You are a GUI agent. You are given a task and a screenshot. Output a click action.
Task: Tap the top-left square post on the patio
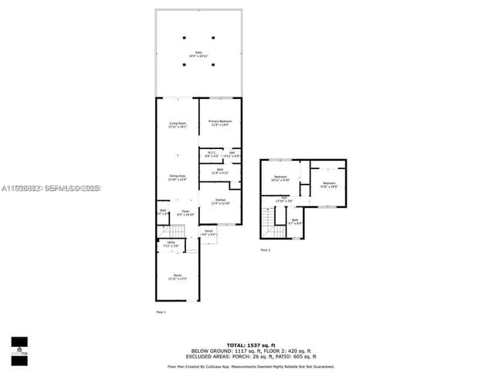pyautogui.click(x=185, y=37)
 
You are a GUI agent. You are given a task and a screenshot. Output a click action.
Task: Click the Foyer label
pyautogui.click(x=185, y=212)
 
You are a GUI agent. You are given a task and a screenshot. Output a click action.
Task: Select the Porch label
pyautogui.click(x=209, y=232)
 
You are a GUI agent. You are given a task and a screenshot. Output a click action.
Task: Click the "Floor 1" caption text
pyautogui.click(x=161, y=311)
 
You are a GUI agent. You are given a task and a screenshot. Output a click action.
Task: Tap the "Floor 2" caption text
pyautogui.click(x=265, y=250)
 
